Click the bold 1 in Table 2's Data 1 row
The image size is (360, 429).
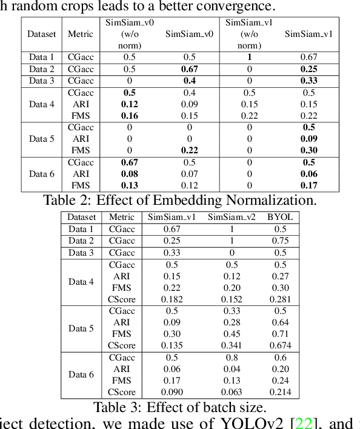click(x=249, y=58)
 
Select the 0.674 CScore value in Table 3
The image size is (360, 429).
click(x=279, y=345)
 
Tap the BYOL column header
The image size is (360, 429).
click(x=279, y=217)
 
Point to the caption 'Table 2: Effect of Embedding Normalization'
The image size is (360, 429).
click(x=180, y=199)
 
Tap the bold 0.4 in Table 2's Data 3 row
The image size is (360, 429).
click(x=189, y=81)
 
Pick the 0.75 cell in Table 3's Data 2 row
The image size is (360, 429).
click(x=279, y=241)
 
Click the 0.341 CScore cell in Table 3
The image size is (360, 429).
click(x=232, y=345)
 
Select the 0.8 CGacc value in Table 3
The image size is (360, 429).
click(x=232, y=358)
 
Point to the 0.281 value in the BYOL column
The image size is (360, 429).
click(x=279, y=299)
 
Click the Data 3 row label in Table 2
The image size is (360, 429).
click(x=41, y=81)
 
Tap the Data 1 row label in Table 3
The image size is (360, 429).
click(x=81, y=229)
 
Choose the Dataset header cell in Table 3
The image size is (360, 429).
click(x=81, y=217)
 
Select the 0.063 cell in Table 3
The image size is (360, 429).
click(x=232, y=392)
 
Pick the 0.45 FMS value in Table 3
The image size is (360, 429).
click(x=232, y=334)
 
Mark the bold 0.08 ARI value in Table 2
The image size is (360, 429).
click(x=130, y=174)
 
